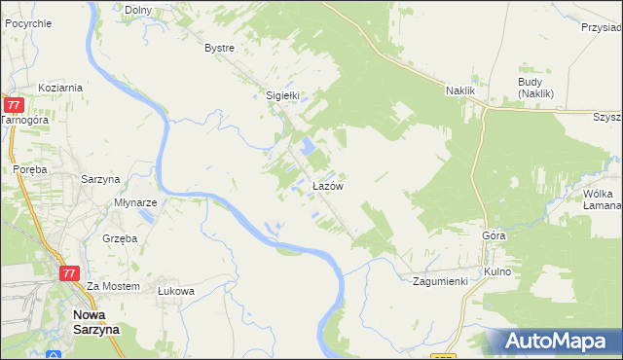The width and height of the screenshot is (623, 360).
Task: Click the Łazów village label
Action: point(326,185)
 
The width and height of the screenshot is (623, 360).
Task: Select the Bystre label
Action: point(220,47)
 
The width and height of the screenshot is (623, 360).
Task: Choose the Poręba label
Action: point(30,168)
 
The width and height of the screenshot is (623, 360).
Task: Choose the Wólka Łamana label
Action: point(603,199)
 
